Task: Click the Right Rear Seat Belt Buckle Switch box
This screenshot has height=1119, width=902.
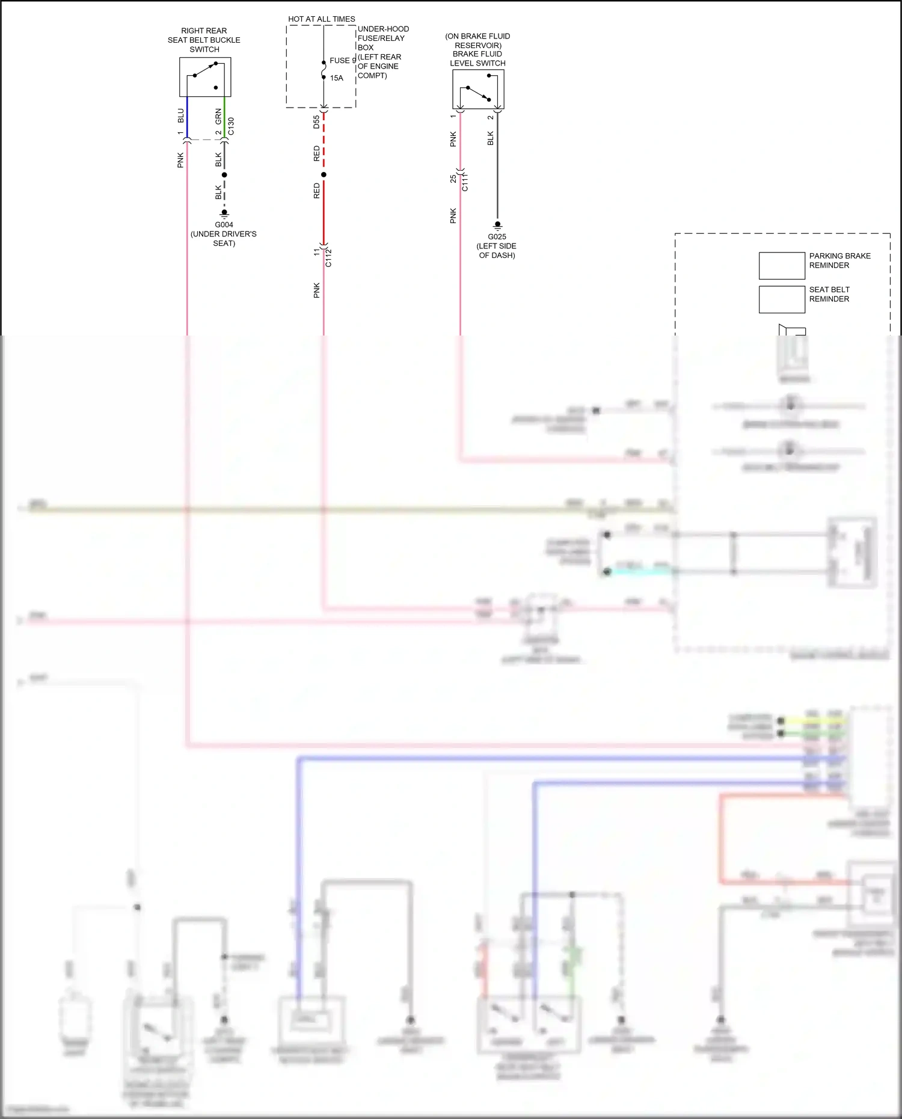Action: (205, 77)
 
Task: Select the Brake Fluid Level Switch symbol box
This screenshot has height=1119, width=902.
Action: (478, 89)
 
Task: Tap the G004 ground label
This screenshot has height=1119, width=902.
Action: (224, 225)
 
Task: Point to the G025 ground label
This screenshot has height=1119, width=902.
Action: (497, 237)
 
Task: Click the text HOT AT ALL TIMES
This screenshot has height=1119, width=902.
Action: (321, 19)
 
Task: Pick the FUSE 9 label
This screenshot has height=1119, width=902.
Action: (343, 61)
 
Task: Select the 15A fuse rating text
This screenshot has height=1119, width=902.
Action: (336, 78)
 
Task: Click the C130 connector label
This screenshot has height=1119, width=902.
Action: (232, 126)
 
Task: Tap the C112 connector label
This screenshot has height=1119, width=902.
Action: (328, 257)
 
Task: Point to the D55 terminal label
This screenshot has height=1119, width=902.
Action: (316, 122)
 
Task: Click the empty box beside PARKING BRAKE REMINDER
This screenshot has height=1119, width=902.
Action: (781, 266)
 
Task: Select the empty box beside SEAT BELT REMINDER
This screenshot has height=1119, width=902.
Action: (781, 299)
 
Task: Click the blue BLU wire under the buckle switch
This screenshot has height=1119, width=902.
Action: (187, 117)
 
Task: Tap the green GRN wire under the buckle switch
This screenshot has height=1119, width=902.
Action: (224, 117)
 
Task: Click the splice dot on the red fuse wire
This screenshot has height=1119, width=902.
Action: (324, 175)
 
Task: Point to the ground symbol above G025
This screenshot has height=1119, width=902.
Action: (497, 225)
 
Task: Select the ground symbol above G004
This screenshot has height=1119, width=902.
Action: (224, 213)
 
